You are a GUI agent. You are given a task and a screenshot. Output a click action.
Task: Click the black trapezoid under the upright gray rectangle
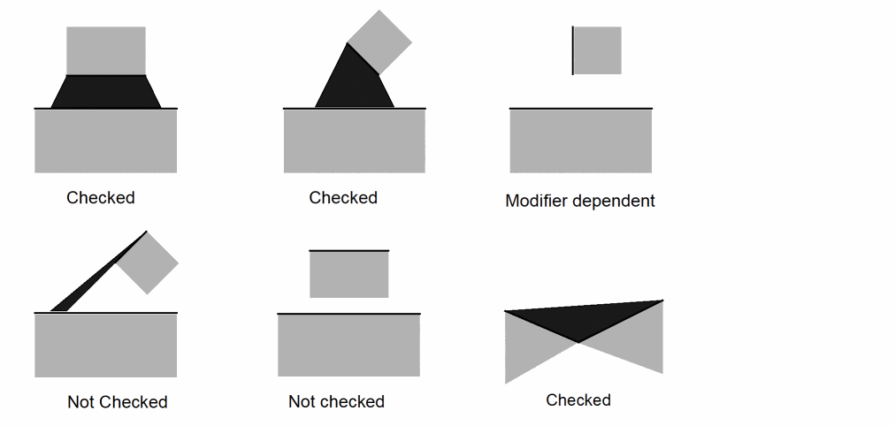106,92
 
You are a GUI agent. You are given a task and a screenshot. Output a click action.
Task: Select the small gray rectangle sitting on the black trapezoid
106,50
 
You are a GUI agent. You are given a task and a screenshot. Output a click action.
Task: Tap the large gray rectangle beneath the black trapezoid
106,141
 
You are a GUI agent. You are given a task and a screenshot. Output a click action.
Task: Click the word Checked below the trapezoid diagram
101,198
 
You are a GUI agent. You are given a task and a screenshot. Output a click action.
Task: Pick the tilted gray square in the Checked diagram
380,42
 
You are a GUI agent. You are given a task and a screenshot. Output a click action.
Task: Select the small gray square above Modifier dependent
598,50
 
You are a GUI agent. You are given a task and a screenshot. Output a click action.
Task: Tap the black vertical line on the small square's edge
573,50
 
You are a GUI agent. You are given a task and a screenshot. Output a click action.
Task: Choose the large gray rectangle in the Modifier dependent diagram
581,141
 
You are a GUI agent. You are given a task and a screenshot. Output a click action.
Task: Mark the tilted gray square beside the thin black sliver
148,262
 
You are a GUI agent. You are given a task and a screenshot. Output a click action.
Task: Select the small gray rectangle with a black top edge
348,275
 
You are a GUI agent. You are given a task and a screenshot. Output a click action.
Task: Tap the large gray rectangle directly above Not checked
348,346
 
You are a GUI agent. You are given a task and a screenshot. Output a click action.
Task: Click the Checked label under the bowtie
578,400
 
